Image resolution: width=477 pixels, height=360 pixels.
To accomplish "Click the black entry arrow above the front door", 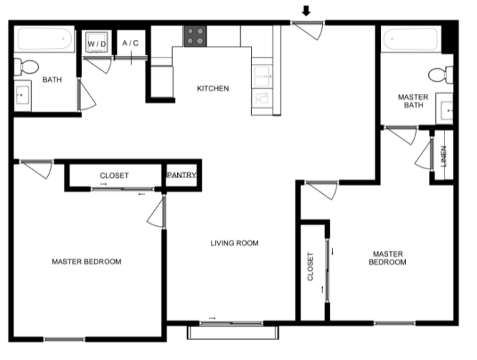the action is (x=306, y=11).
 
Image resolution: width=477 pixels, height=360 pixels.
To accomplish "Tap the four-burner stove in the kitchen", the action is (x=195, y=36).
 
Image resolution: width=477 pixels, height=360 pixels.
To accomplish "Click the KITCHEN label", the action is (x=213, y=88).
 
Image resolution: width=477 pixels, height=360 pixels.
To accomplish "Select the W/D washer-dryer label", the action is (x=97, y=44).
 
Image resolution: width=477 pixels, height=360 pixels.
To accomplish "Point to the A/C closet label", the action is (x=131, y=43).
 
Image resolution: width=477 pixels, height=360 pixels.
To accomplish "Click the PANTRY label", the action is (x=181, y=175).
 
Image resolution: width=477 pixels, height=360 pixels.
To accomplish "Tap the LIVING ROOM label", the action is (x=235, y=243).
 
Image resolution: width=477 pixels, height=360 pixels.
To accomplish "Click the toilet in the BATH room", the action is (x=26, y=67).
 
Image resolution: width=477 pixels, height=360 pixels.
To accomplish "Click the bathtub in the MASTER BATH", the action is (x=411, y=39).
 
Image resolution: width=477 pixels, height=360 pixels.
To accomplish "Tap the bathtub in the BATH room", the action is (x=44, y=39).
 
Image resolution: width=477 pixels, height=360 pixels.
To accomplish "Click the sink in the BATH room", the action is (x=22, y=95).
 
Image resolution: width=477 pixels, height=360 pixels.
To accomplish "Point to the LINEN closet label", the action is (x=444, y=156).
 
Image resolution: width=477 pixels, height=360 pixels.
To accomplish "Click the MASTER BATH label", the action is (x=413, y=101).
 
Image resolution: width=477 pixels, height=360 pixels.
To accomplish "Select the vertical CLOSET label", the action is (x=311, y=266).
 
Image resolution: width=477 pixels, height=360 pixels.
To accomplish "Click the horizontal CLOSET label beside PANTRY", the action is (x=114, y=176).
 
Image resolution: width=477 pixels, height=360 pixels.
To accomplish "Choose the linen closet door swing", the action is (x=424, y=154).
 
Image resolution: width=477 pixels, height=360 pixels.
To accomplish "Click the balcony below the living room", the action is (x=232, y=333).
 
